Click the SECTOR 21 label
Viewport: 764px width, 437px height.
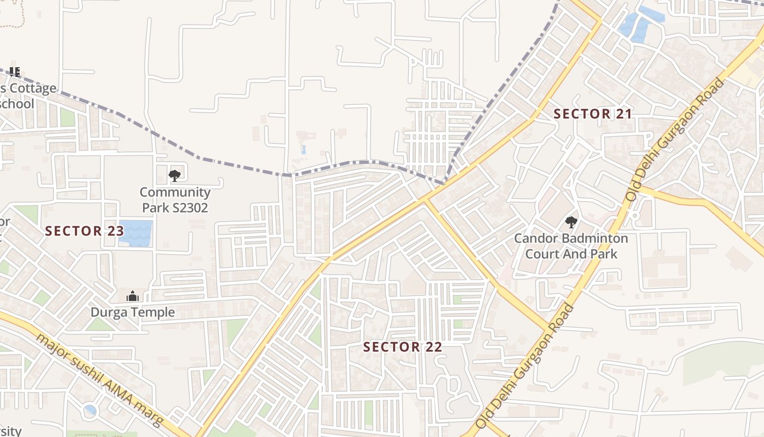coord(593,114)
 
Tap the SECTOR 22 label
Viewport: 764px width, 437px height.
coord(402,347)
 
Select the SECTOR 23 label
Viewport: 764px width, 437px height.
coord(85,231)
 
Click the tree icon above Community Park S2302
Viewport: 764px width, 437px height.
coord(175,175)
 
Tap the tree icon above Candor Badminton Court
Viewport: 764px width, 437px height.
coord(571,222)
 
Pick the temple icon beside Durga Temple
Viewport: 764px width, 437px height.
coord(132,296)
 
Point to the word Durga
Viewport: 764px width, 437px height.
coord(109,312)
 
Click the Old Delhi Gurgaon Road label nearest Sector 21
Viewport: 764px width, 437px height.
coord(675,140)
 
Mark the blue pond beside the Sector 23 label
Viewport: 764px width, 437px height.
coord(135,233)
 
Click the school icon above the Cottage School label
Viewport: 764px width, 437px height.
coord(15,72)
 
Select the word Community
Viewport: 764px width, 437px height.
coord(175,192)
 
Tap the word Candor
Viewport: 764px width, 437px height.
coord(533,239)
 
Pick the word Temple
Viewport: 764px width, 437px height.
coord(153,312)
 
